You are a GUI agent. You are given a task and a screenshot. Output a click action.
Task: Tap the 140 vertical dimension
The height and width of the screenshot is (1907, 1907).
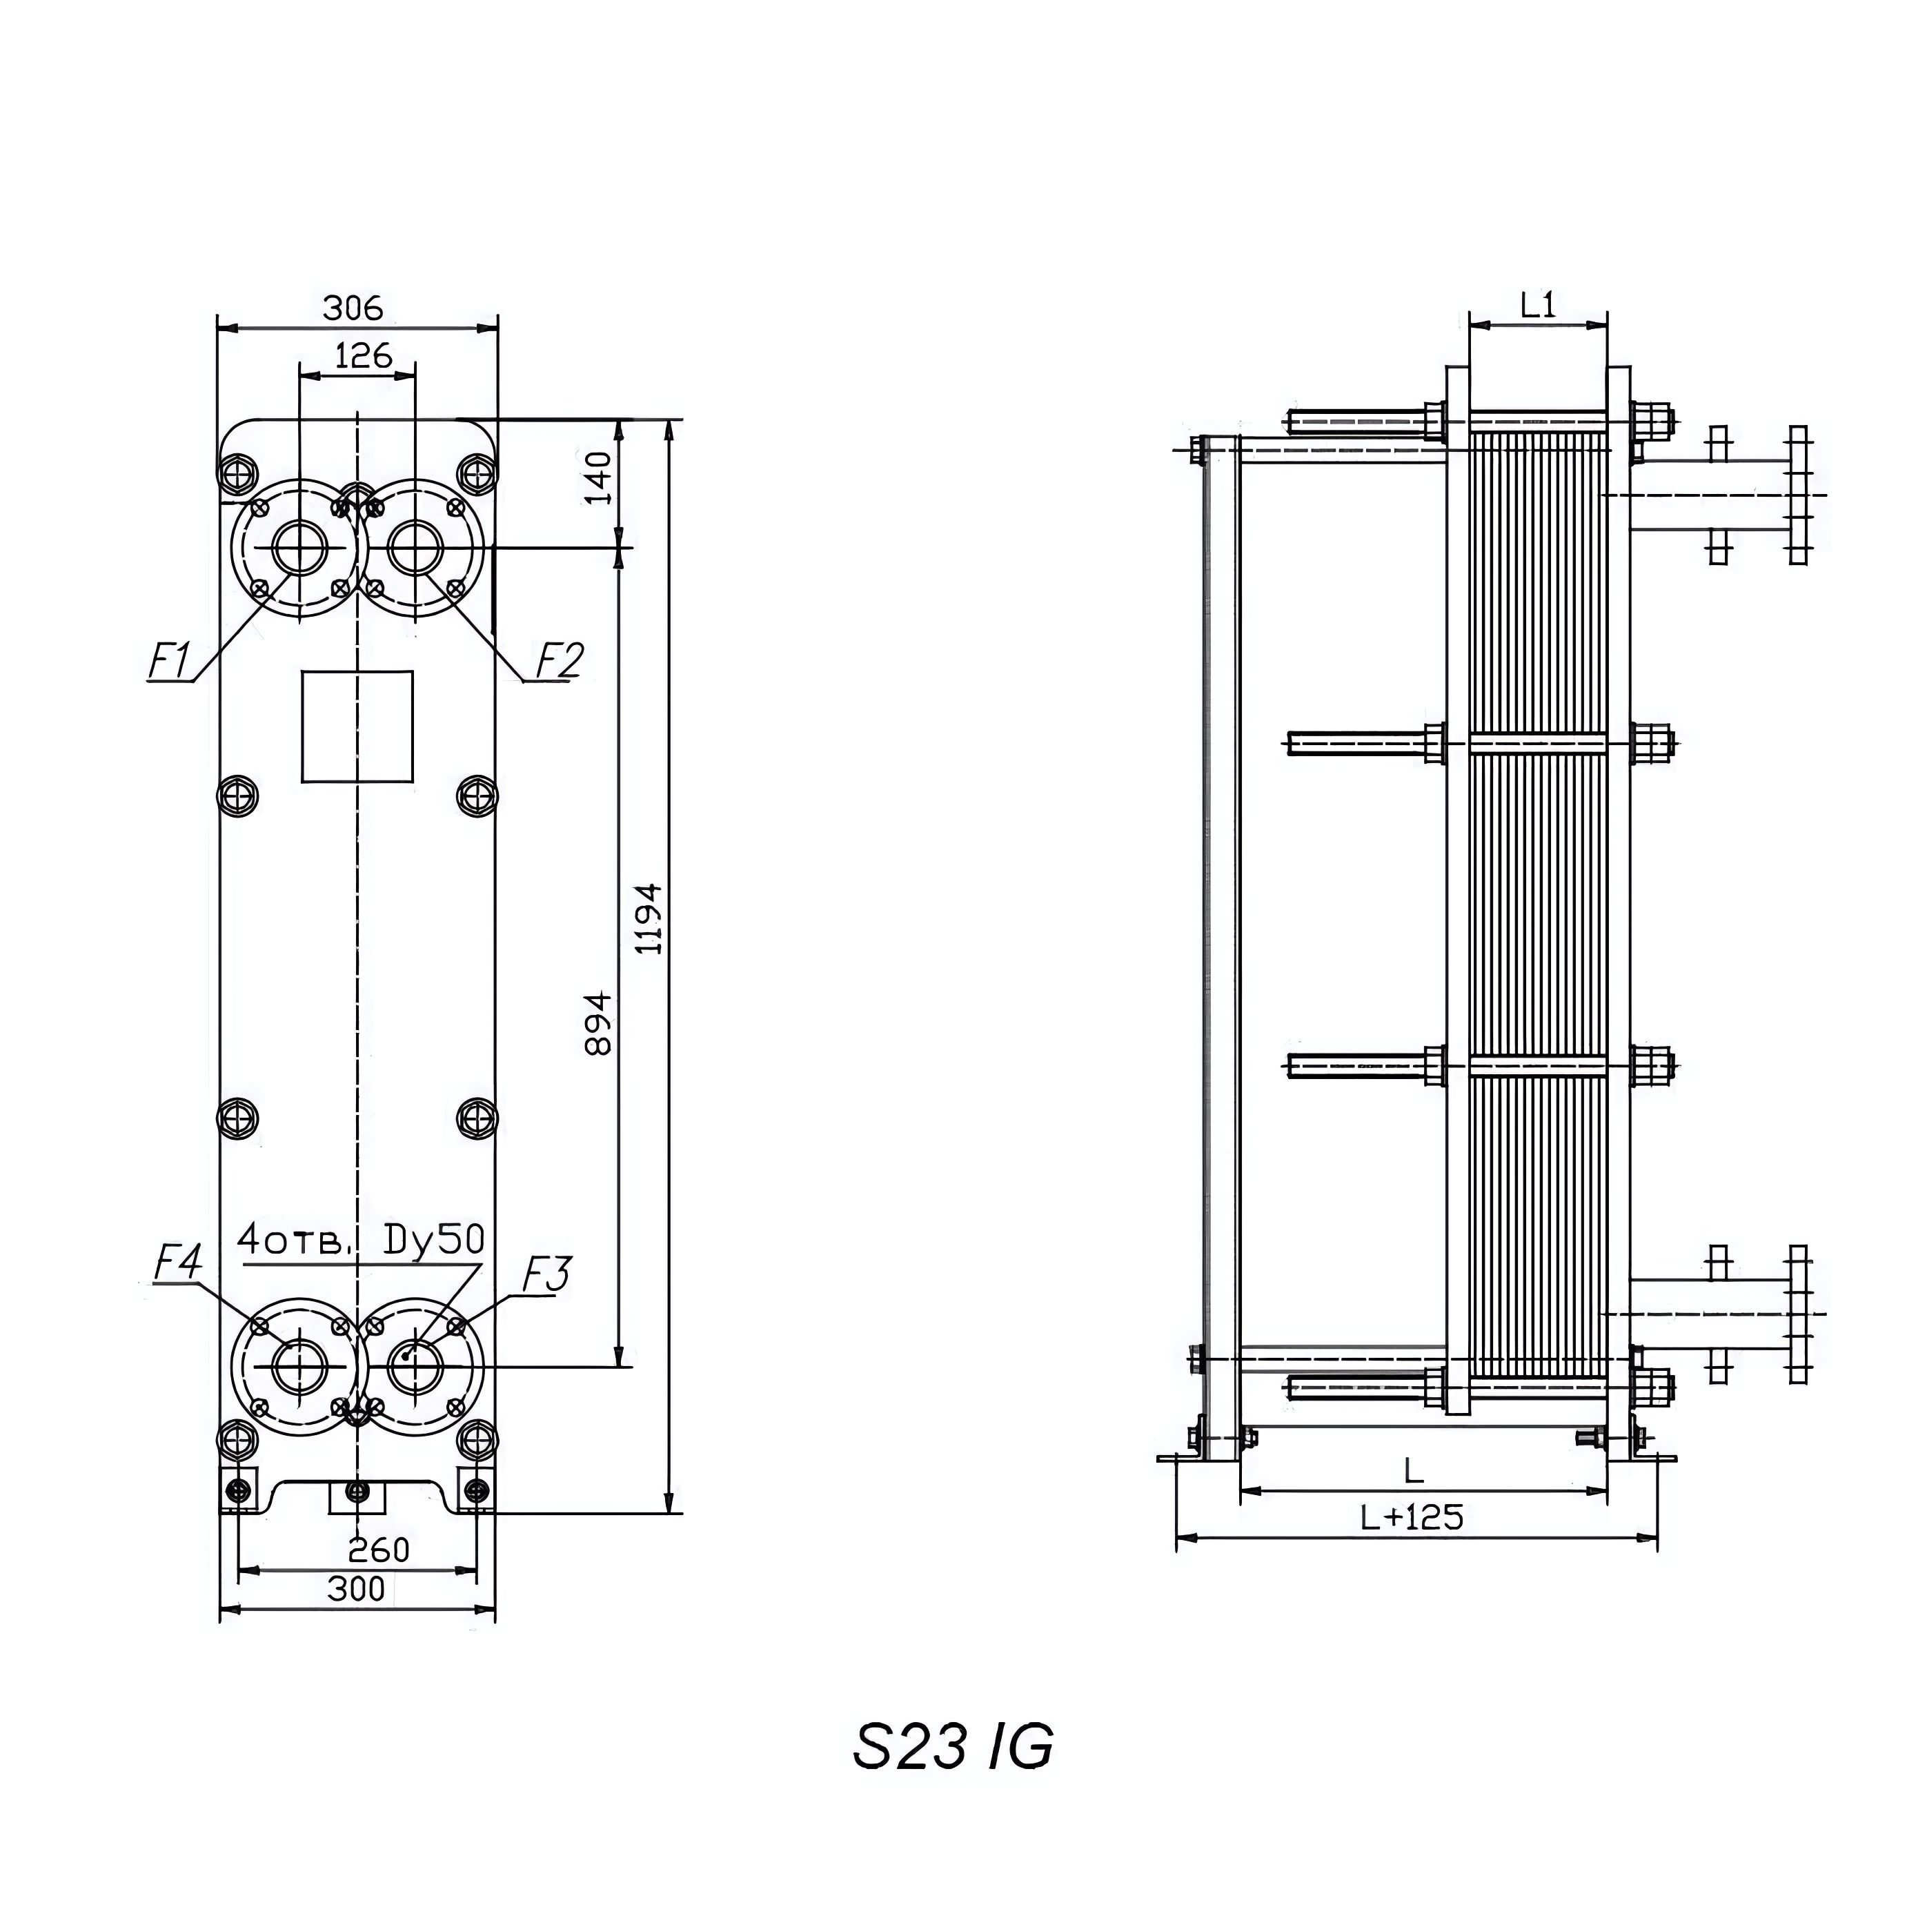598,477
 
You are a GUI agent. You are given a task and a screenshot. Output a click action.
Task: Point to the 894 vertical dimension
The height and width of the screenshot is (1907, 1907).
598,1024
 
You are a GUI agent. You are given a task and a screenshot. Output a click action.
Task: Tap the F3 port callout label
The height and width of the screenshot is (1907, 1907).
545,1275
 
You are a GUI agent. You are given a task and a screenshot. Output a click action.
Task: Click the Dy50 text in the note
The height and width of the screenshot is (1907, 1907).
433,1241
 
